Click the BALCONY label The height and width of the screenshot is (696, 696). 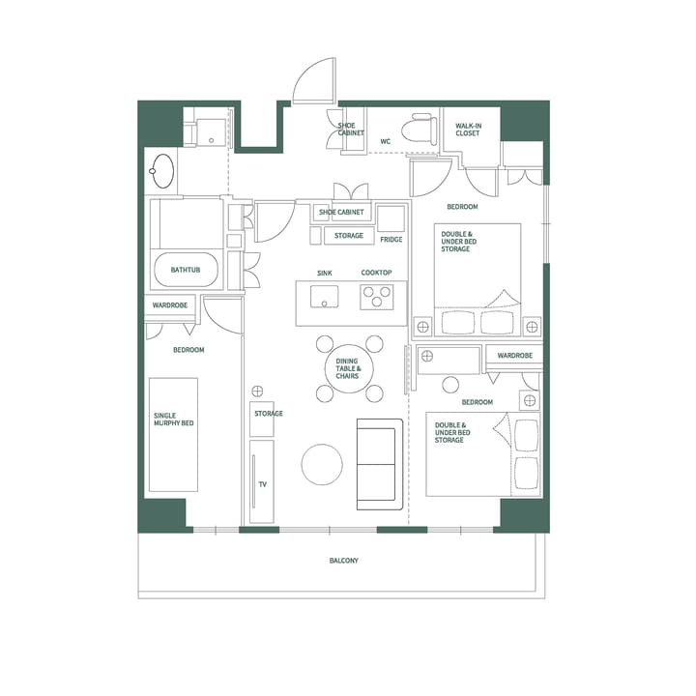point(343,560)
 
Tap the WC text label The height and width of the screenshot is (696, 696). point(385,141)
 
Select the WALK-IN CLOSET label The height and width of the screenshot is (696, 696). point(468,130)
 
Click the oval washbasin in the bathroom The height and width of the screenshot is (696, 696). point(162,172)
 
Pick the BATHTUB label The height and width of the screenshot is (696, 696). point(186,270)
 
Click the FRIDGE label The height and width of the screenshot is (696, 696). point(391,239)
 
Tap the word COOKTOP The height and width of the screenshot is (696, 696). point(376,274)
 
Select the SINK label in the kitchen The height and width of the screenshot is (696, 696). point(325,274)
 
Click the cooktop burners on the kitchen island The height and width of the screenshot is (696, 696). point(377,298)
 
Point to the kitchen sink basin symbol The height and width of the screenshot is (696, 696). point(325,296)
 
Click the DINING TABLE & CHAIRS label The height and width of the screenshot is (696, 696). point(348,369)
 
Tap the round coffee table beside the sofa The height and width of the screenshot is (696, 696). point(322,464)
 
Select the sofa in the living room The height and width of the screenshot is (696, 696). point(379,464)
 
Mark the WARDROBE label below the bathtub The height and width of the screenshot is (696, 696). point(170,305)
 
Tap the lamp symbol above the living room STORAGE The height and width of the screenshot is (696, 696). point(257,391)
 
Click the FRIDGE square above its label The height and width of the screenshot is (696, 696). point(391,218)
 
